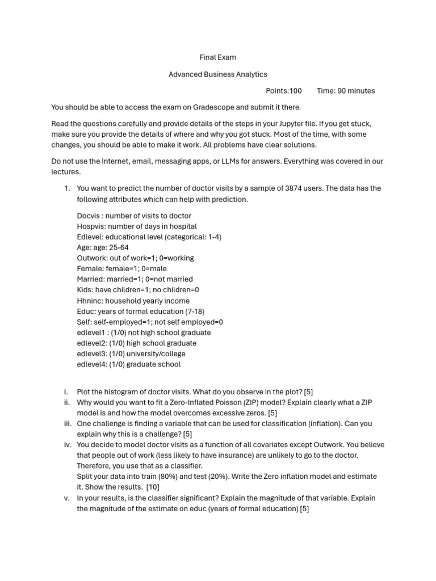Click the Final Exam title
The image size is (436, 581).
pos(217,57)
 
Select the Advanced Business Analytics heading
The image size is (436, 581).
pos(217,74)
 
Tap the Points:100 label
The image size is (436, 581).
pos(284,91)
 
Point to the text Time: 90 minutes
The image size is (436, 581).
pos(346,91)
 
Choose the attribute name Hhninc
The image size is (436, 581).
pos(89,301)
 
